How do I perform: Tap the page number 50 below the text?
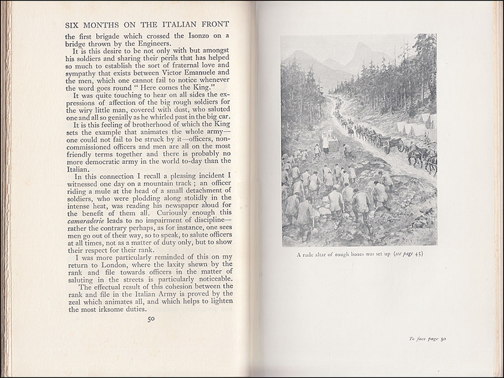[x=151, y=320]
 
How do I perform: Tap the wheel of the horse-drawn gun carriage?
[x=400, y=147]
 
